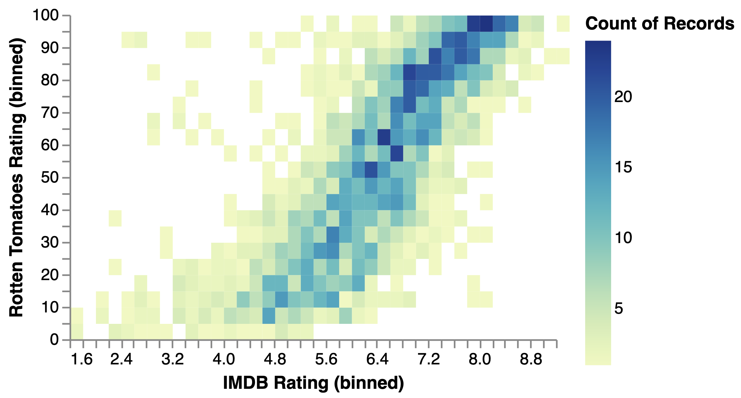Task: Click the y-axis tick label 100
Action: [46, 15]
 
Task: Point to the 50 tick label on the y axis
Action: [50, 177]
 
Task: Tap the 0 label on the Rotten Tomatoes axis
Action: [54, 340]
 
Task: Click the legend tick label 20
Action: [623, 97]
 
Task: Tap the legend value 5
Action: [618, 308]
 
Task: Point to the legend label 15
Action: [623, 167]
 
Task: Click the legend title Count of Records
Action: [660, 23]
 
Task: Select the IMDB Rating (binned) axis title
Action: [313, 383]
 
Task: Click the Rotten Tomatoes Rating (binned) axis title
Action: [16, 177]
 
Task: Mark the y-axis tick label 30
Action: [50, 243]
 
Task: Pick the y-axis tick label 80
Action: [50, 80]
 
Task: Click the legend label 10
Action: [623, 238]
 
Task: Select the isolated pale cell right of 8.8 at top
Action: [563, 24]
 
